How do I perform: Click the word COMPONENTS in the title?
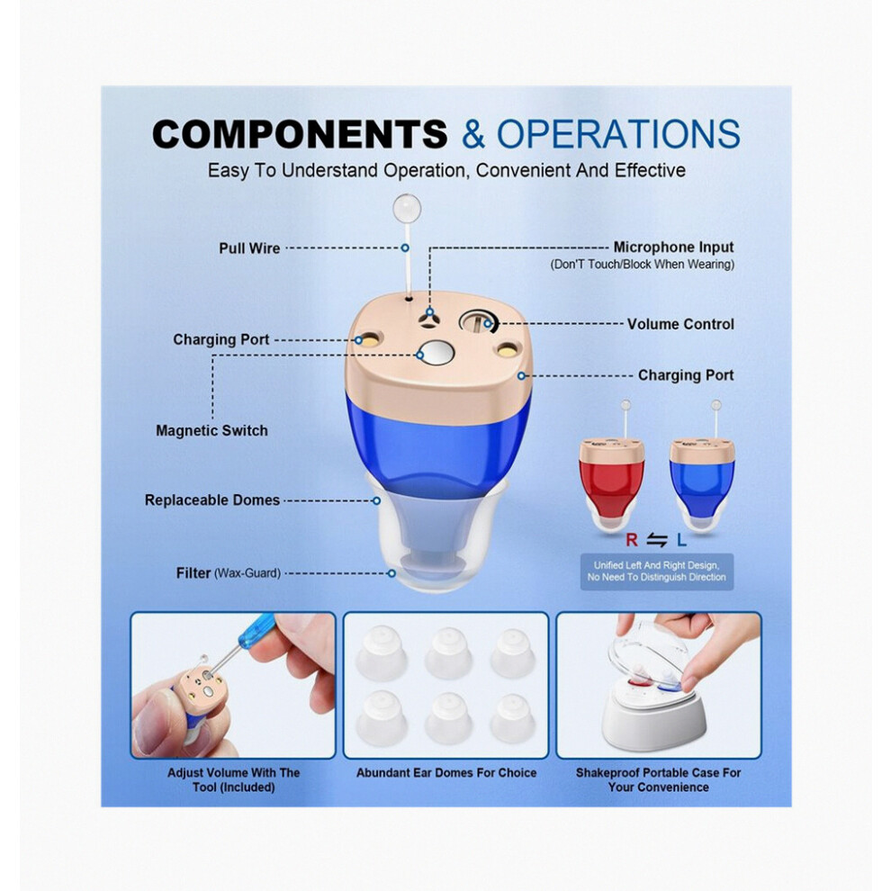click(x=300, y=134)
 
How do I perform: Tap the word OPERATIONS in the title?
click(x=618, y=134)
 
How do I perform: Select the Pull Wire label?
click(x=249, y=248)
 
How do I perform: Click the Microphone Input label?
click(x=673, y=247)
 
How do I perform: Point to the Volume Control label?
click(x=680, y=324)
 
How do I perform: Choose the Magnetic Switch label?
click(x=211, y=431)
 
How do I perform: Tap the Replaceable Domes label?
click(x=212, y=500)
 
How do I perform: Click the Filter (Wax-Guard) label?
click(x=229, y=573)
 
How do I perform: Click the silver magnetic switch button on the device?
click(x=436, y=354)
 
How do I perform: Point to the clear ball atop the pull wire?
click(x=407, y=208)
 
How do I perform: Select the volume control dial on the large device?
click(x=478, y=323)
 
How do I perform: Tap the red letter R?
click(x=631, y=540)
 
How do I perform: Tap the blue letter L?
click(x=682, y=540)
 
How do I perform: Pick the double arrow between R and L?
click(x=657, y=540)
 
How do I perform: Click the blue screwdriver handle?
click(x=256, y=630)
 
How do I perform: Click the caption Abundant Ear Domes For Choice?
click(x=446, y=773)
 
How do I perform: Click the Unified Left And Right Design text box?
click(x=657, y=571)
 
